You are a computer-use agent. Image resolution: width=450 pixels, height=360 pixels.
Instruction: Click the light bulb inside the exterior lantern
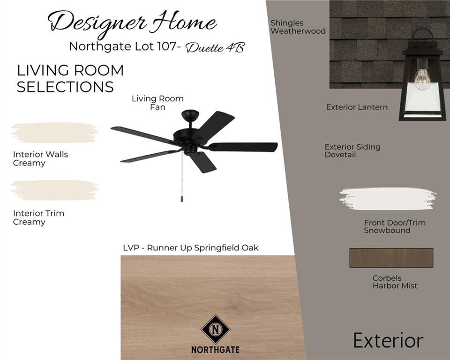(x=422, y=80)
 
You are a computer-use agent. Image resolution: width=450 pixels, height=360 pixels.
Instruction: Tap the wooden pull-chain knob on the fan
(x=182, y=199)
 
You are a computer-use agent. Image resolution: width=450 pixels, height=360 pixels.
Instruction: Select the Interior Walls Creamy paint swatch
(x=54, y=133)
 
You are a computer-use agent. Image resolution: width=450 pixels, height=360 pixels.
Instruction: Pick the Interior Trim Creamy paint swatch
(x=54, y=190)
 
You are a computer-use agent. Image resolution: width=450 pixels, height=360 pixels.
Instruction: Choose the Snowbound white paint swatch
(x=388, y=199)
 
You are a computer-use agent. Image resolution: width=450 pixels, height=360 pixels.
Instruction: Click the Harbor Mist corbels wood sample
(x=391, y=258)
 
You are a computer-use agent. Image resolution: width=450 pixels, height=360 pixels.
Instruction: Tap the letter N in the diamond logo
(x=215, y=329)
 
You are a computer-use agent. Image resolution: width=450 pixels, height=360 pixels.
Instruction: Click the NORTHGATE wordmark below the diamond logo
(x=215, y=350)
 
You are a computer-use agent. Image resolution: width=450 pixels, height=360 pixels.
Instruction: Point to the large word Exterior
(x=388, y=340)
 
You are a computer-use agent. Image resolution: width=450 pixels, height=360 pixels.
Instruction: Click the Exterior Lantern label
(x=357, y=107)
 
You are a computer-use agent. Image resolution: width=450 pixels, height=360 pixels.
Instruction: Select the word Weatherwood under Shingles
(x=298, y=31)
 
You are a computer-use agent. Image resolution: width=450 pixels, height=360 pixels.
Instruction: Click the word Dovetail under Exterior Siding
(x=340, y=154)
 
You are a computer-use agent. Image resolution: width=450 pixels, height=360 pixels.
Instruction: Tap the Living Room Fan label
(x=157, y=103)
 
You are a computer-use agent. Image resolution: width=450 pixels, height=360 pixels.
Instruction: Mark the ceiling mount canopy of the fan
(x=190, y=115)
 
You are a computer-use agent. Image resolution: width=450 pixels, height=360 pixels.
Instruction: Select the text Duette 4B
(x=215, y=47)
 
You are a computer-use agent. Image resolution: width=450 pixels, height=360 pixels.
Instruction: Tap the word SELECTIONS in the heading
(x=65, y=87)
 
